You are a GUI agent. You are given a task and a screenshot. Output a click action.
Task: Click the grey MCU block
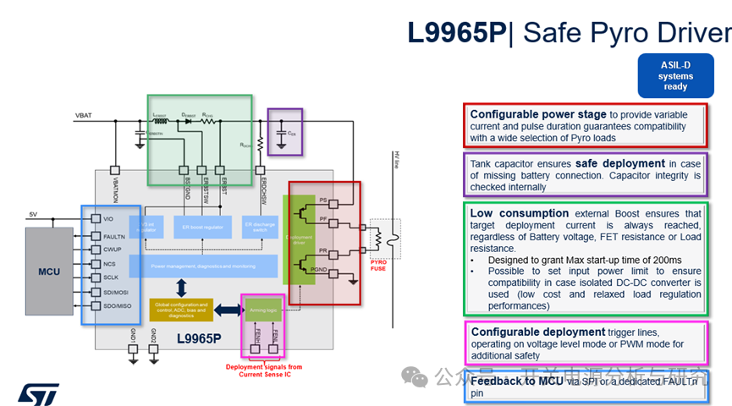click(x=49, y=272)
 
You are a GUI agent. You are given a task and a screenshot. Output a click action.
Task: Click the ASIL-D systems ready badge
click(x=675, y=76)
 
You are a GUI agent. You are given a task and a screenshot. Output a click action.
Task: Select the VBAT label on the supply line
click(x=85, y=116)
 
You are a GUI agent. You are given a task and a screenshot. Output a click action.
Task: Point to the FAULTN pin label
click(x=116, y=237)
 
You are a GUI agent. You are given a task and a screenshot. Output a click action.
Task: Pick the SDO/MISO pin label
click(x=118, y=305)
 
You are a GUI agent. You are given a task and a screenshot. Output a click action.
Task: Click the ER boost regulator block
click(x=202, y=227)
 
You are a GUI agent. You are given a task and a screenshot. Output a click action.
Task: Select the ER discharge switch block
click(x=259, y=227)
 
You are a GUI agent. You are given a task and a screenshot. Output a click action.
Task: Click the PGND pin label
click(x=319, y=269)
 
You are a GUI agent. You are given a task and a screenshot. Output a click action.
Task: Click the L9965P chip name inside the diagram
click(x=199, y=338)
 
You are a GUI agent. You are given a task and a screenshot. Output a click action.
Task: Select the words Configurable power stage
click(x=538, y=114)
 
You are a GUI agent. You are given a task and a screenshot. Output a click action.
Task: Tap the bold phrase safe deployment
click(x=619, y=163)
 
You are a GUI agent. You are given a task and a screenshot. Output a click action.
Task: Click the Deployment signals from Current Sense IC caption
click(x=263, y=370)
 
